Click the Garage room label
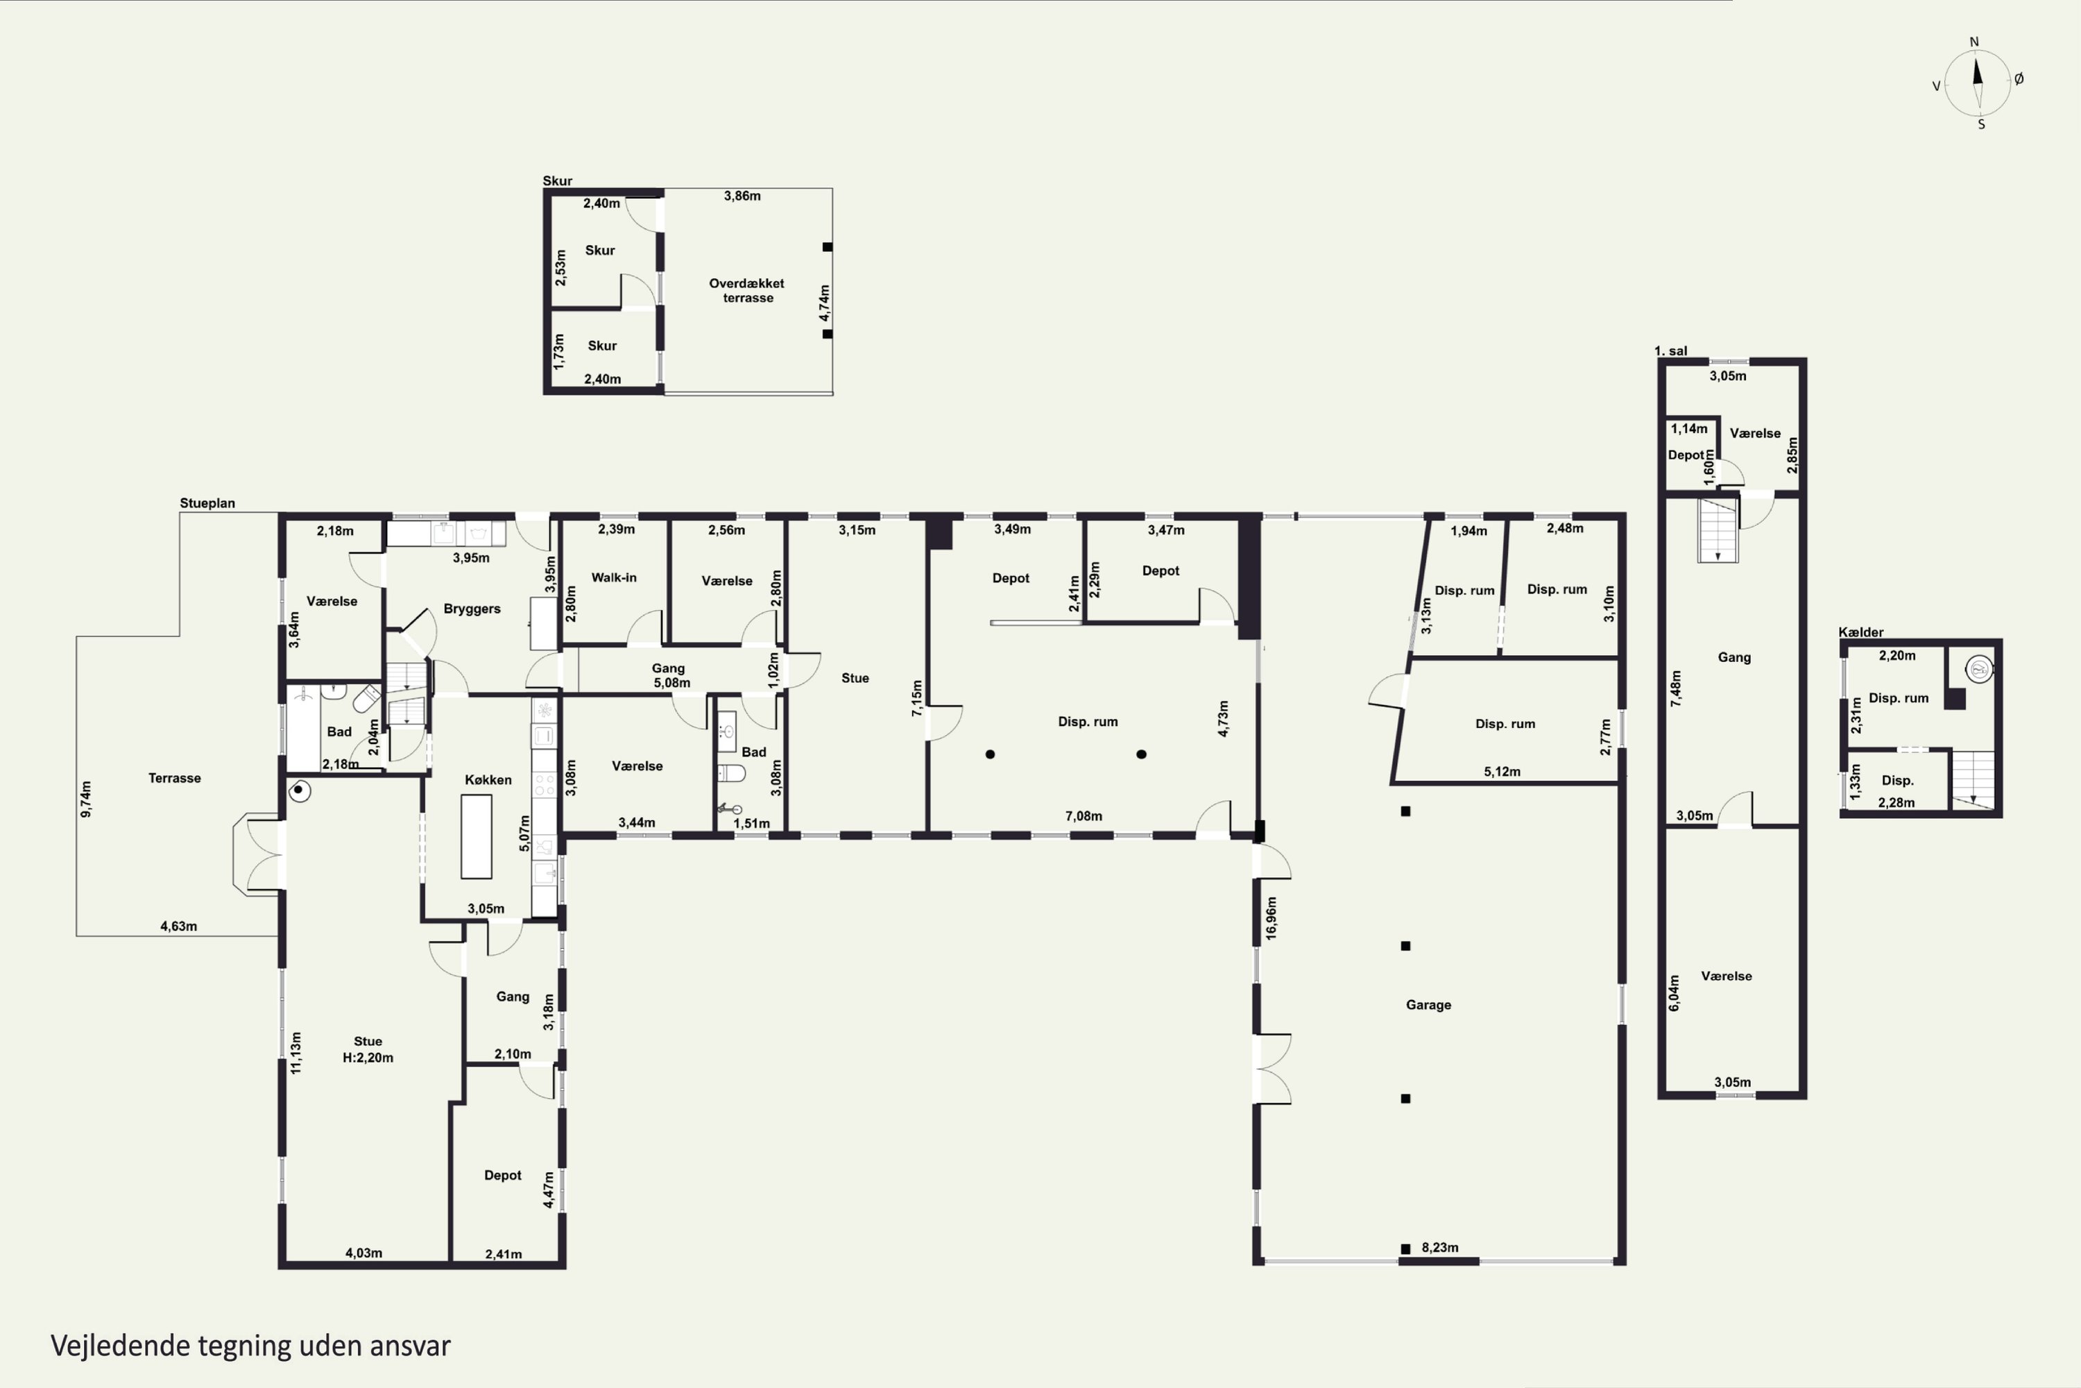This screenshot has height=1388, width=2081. coord(1428,1005)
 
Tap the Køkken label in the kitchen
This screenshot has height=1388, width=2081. coord(488,780)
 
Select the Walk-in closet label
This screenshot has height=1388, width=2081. coord(613,577)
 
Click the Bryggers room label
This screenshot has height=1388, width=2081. coord(472,609)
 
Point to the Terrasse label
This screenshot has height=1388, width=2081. coord(174,778)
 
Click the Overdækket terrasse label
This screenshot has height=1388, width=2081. coord(747,290)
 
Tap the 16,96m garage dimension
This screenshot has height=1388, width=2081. coord(1271,918)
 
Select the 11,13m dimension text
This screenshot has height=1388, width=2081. coord(296,1053)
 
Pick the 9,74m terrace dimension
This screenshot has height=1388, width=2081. coord(86,799)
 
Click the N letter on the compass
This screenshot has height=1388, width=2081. coord(1974,42)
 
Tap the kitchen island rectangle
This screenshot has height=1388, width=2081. coord(476,836)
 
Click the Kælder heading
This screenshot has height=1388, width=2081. coord(1860,632)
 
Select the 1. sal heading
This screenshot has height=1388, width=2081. coord(1670,350)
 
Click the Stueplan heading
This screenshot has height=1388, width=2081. coord(207,502)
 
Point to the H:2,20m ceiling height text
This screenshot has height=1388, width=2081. coord(368,1057)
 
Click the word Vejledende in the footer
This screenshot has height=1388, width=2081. coord(120,1346)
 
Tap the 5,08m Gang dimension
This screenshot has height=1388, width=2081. coord(671,682)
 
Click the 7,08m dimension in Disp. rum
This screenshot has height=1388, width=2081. coord(1083,816)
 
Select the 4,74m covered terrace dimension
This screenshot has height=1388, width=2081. coord(825,303)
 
